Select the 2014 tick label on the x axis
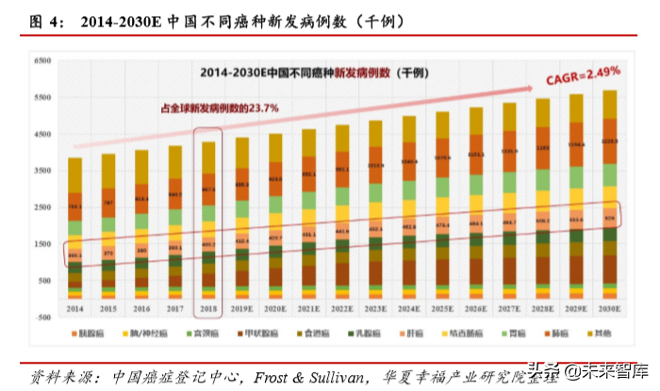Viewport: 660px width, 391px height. tap(74, 307)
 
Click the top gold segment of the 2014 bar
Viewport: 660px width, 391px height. tap(74, 174)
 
